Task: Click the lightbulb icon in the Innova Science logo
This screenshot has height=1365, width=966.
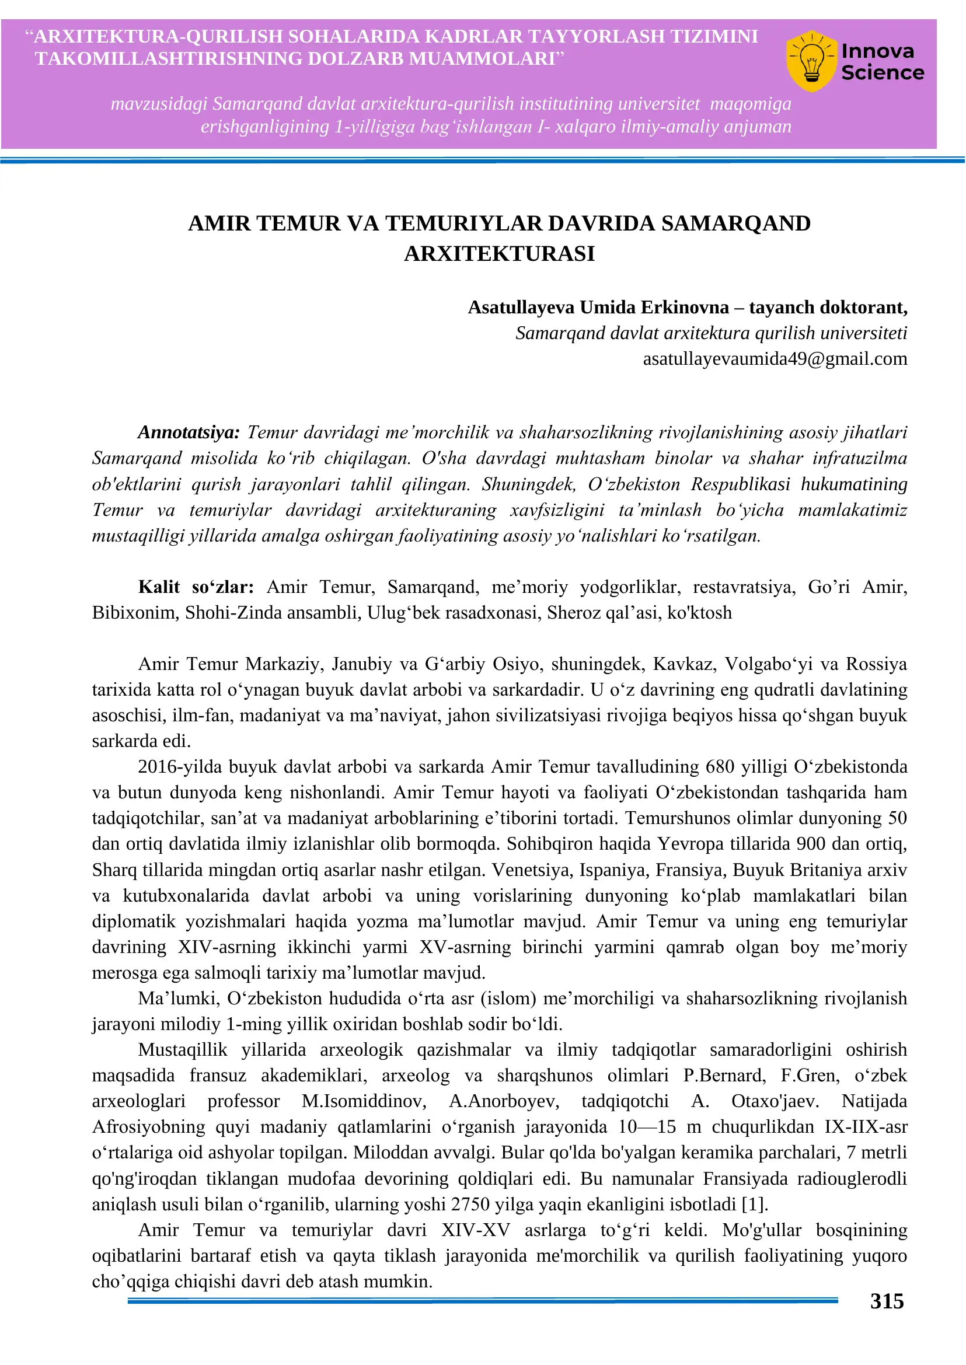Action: point(811,61)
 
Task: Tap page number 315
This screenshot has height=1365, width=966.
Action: point(886,1301)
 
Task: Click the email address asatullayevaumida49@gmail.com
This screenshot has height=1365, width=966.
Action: point(775,359)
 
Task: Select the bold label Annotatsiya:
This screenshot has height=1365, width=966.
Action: point(189,432)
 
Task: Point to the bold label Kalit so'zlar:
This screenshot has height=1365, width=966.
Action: point(196,587)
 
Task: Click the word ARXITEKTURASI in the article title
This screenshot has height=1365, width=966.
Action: point(499,253)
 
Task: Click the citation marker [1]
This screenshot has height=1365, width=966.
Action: point(755,1204)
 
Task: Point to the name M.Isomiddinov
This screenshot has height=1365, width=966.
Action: point(364,1101)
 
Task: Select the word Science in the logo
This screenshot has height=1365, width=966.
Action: point(882,73)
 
